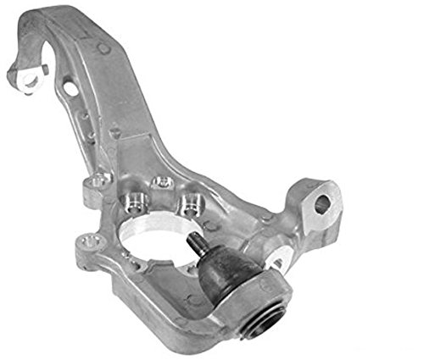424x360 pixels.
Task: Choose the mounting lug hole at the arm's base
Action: [100, 180]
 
